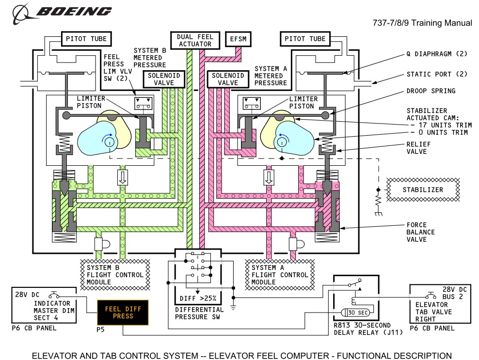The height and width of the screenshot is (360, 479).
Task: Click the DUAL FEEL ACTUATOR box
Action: pyautogui.click(x=194, y=40)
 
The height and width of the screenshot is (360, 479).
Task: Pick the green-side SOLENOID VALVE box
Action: pyautogui.click(x=165, y=78)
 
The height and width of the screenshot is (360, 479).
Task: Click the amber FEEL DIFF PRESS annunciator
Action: pyautogui.click(x=123, y=313)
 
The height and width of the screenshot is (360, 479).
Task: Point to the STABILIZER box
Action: pyautogui.click(x=422, y=189)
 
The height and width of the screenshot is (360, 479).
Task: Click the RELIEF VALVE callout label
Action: pyautogui.click(x=420, y=147)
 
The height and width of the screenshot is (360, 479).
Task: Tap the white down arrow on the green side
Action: pyautogui.click(x=122, y=177)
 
